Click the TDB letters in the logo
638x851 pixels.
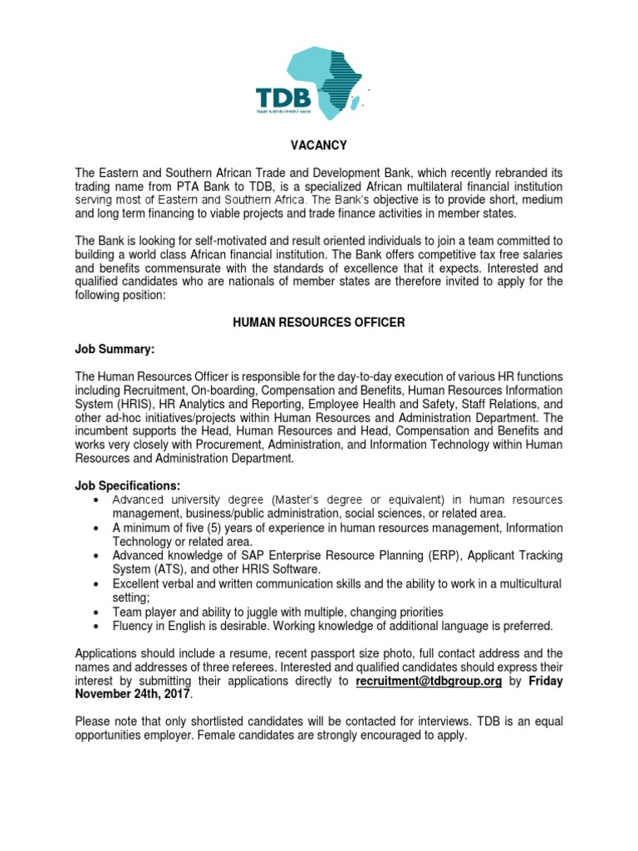tap(282, 98)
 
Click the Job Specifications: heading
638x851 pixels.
tap(127, 485)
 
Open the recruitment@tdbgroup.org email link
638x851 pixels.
tap(429, 681)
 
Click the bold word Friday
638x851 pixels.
tap(546, 681)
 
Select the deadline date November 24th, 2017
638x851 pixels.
tap(132, 695)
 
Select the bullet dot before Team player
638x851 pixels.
tap(99, 612)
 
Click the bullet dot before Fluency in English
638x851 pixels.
tap(99, 626)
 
